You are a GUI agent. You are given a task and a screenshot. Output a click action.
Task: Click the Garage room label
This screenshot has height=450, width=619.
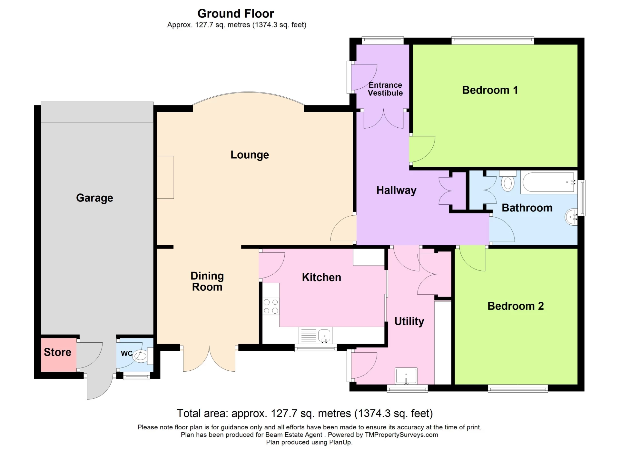point(94,198)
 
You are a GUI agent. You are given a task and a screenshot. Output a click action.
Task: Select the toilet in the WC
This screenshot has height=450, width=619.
point(142,356)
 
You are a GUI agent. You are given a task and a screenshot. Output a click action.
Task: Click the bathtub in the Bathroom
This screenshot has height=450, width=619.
point(548,182)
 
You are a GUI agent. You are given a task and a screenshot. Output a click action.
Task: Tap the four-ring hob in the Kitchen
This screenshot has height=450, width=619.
point(270,307)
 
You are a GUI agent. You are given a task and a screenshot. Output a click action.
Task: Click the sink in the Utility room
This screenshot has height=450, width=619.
point(406,376)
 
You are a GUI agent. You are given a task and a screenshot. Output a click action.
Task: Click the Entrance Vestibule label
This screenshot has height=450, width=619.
point(385,89)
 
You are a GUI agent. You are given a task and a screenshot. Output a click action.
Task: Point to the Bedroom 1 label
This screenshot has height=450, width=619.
point(490,90)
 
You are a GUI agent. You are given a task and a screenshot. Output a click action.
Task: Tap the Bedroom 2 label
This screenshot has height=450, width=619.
point(515,306)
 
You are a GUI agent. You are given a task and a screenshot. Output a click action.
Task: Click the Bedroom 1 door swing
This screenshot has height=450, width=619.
point(421,149)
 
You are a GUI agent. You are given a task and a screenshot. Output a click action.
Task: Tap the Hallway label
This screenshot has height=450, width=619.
point(396,190)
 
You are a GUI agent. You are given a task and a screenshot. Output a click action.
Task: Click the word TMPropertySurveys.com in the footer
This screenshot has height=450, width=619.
point(401,435)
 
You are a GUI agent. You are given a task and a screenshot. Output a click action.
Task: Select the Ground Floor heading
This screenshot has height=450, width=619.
point(236,14)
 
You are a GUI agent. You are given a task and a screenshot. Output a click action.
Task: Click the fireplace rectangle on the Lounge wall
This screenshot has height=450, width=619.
point(165,177)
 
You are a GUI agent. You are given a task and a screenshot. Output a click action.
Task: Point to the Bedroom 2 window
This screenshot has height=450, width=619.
point(517,389)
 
